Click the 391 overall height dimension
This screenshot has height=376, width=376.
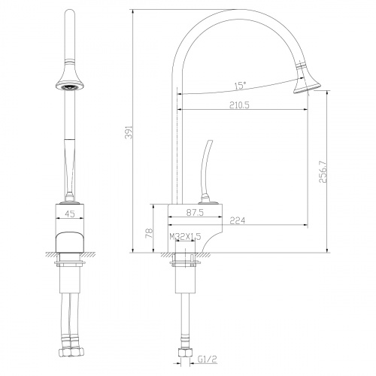tap(128, 132)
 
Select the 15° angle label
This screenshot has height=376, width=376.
tap(240, 86)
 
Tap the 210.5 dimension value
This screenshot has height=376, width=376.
tap(239, 105)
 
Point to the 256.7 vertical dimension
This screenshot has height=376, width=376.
tap(323, 171)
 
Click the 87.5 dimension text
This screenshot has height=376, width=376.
tap(195, 213)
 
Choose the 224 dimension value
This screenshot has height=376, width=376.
tap(238, 220)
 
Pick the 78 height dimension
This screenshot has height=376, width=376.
tap(149, 233)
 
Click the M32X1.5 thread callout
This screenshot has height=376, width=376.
tap(185, 237)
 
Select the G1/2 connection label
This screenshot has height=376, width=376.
tap(207, 359)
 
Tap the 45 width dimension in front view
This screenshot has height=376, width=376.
tap(70, 214)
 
